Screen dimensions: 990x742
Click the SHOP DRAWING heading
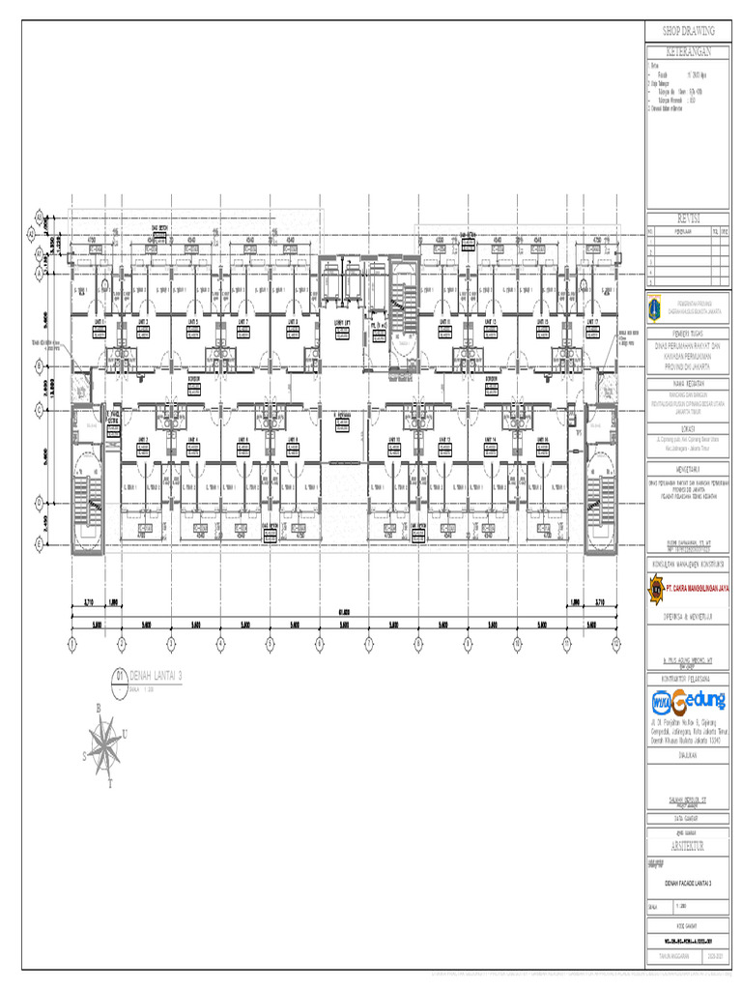tap(689, 32)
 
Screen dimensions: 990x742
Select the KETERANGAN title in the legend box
tap(689, 50)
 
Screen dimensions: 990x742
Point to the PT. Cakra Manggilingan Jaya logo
tap(656, 587)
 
